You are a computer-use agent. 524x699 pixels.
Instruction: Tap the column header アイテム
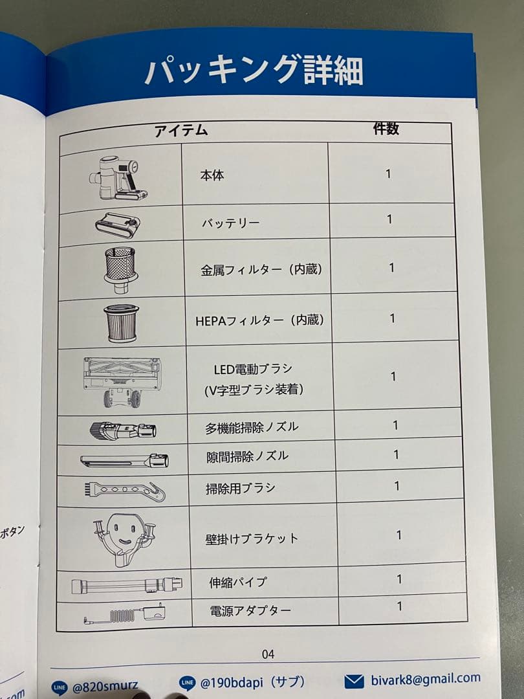click(x=182, y=131)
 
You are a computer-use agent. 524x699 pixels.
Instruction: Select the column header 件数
click(x=386, y=129)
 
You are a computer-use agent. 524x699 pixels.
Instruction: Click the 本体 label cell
click(x=212, y=175)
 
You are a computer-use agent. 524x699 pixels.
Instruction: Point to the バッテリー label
click(x=230, y=223)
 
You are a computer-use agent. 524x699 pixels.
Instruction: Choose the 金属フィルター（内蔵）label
click(x=261, y=269)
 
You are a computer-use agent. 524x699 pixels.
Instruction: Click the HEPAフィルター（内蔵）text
click(x=259, y=320)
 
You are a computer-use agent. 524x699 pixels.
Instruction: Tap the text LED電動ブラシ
click(x=253, y=369)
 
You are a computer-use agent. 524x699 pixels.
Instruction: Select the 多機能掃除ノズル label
click(x=252, y=427)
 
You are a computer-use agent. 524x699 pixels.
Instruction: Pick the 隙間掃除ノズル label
click(x=247, y=456)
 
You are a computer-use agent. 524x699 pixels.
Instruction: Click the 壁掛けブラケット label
click(x=252, y=538)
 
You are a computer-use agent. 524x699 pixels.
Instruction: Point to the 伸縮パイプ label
click(x=238, y=582)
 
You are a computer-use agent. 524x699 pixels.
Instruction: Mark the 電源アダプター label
click(x=250, y=610)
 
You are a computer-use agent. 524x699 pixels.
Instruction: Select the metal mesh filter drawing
click(x=120, y=267)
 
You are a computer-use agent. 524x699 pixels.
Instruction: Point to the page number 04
click(x=268, y=654)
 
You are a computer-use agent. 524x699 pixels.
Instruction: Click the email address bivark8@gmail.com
click(x=425, y=679)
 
